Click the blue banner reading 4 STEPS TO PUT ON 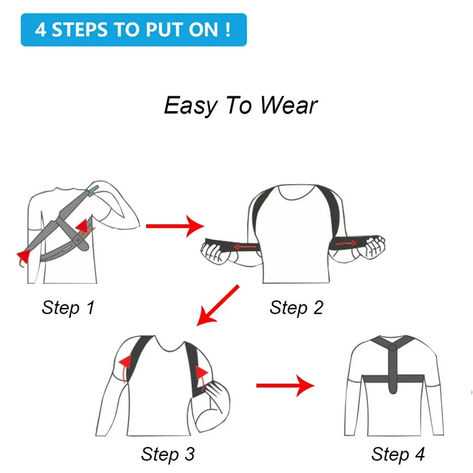tap(133, 30)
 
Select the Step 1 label tap(68, 307)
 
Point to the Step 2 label tap(296, 307)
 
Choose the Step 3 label tap(167, 454)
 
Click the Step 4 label tap(398, 454)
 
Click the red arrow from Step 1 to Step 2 tap(174, 225)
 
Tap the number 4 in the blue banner tap(40, 30)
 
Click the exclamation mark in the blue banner tap(228, 30)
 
